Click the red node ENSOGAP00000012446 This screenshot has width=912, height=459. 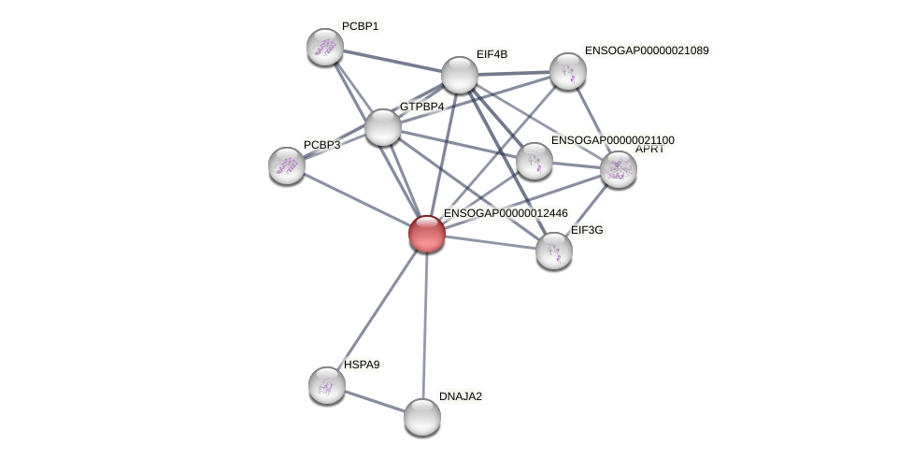[427, 234]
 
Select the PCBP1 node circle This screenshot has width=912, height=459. [325, 47]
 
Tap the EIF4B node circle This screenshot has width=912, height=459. [459, 75]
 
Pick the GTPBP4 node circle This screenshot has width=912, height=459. [382, 127]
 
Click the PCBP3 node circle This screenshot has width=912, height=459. [287, 165]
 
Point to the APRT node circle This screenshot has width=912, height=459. [618, 169]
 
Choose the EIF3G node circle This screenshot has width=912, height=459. [554, 251]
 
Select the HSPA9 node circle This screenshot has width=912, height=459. [327, 385]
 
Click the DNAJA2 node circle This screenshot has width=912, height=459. [422, 417]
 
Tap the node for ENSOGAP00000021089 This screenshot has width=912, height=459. [567, 71]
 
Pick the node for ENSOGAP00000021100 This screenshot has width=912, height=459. [534, 161]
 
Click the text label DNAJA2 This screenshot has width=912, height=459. [461, 396]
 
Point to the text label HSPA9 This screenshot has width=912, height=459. [362, 365]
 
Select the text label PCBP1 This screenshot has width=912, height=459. [360, 26]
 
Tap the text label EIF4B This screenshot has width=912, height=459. [492, 54]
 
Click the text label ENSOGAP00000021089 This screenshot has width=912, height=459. [647, 50]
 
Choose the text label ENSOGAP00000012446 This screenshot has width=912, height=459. [506, 213]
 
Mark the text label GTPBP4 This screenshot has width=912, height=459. [421, 107]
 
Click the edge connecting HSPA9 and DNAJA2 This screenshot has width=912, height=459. [374, 400]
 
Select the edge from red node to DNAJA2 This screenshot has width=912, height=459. [425, 327]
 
